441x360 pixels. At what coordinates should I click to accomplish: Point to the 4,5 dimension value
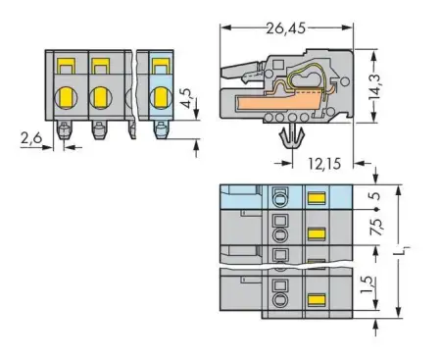click(188, 101)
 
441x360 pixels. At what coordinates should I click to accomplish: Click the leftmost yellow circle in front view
click(67, 97)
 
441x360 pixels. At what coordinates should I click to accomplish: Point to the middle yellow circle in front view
click(100, 97)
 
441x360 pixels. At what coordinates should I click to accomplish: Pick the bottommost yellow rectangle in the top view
click(317, 298)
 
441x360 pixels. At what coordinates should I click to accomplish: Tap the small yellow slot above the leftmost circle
click(67, 67)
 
